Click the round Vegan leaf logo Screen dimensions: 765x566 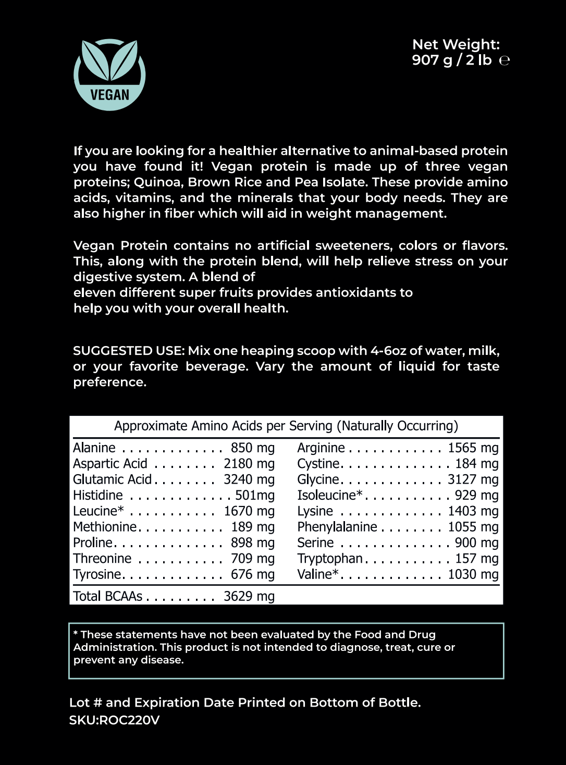(109, 75)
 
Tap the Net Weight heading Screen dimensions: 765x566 (456, 44)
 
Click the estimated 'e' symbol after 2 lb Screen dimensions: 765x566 (504, 60)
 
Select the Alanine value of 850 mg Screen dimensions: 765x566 (252, 448)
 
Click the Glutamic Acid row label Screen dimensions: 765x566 (112, 479)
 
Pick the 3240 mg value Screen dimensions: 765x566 (249, 479)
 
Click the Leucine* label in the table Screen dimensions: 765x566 (99, 511)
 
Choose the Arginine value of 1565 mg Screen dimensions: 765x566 (473, 448)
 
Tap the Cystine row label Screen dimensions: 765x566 (318, 464)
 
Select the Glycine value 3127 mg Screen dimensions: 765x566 (473, 479)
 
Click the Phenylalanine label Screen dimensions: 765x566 (337, 527)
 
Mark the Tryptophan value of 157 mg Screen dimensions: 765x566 (476, 559)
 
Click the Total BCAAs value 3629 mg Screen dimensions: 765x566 (249, 596)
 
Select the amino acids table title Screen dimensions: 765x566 (286, 426)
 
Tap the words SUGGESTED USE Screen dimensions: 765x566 (128, 351)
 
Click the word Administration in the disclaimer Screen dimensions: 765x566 (115, 647)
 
